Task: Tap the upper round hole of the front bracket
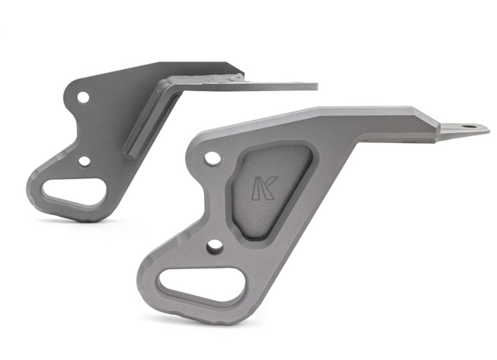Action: pyautogui.click(x=212, y=158)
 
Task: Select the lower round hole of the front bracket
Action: pyautogui.click(x=215, y=246)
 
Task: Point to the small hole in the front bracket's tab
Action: pyautogui.click(x=468, y=126)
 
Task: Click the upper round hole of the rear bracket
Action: pyautogui.click(x=83, y=97)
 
